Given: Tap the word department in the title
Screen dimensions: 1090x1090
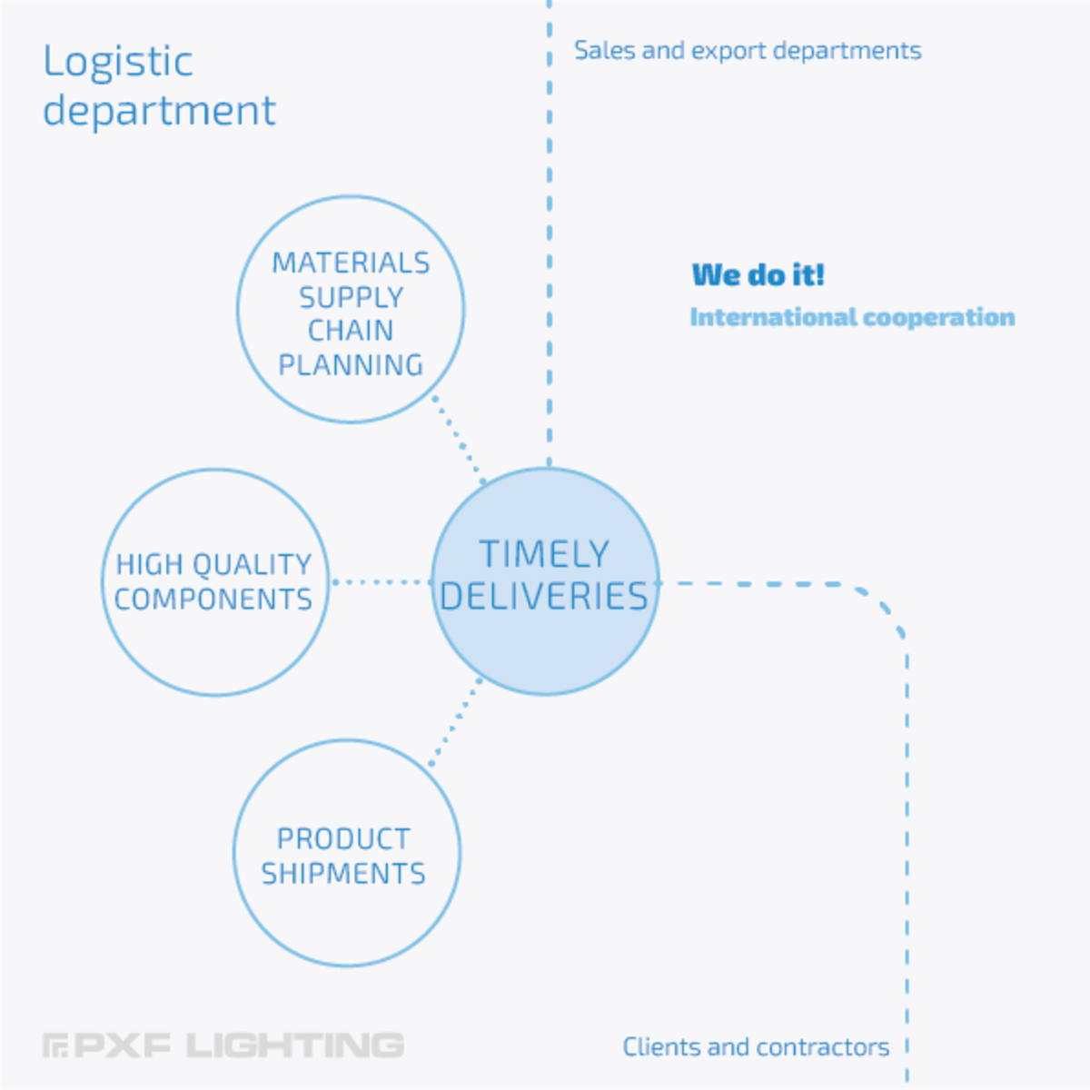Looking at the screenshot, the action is tap(160, 111).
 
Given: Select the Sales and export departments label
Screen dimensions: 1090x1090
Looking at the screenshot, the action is tap(748, 51).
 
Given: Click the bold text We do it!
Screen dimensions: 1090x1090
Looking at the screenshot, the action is tap(758, 275).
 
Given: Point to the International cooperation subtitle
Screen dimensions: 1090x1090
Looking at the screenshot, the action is tap(852, 317).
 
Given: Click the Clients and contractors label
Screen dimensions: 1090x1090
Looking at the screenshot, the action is tap(756, 1047).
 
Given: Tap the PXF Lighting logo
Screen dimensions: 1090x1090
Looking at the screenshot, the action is tap(224, 1045).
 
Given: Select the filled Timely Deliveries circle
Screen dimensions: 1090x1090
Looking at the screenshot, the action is tap(545, 581).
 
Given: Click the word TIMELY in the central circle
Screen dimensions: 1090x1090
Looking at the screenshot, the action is tap(544, 554).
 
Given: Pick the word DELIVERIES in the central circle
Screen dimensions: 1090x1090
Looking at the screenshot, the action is tap(544, 596).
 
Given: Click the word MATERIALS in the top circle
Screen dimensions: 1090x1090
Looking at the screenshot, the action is tap(351, 263).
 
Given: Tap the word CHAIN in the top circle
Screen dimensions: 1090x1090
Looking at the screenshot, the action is tap(351, 331).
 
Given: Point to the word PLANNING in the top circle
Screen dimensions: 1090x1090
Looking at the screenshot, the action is tap(351, 365).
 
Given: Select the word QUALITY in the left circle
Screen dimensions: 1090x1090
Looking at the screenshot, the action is tap(253, 565).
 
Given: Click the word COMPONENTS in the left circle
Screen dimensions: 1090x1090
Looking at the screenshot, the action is tap(213, 599).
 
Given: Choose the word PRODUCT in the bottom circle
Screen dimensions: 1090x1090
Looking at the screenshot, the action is tap(343, 839).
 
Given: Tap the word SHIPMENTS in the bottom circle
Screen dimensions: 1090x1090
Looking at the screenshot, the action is tap(343, 874).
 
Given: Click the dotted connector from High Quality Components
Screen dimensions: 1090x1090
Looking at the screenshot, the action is tap(382, 581).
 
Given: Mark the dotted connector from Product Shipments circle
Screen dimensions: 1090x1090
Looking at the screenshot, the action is tap(455, 722).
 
